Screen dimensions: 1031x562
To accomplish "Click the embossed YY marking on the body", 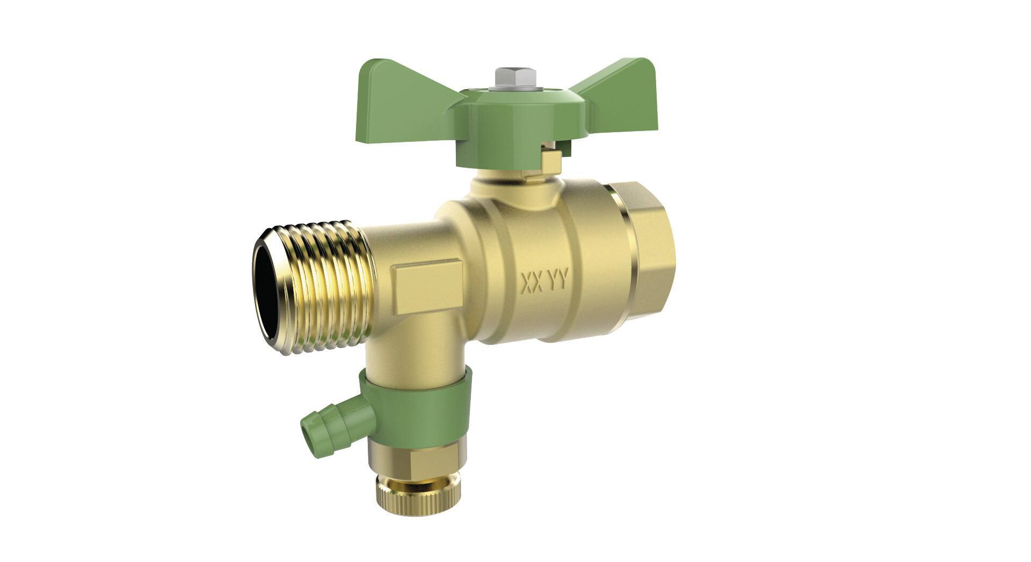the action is [557, 280].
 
